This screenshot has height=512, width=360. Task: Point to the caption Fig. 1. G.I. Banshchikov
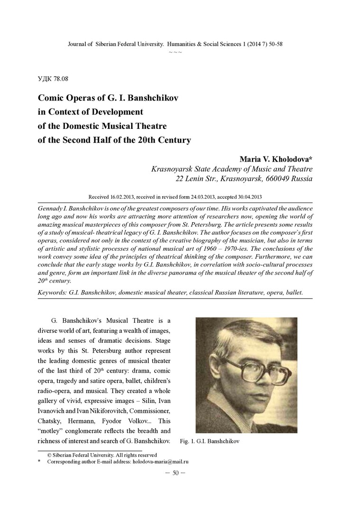point(210,441)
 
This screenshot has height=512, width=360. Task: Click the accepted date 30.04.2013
point(246,196)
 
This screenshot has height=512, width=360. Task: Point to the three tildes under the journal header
point(175,51)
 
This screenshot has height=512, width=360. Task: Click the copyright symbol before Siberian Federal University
point(49,455)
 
